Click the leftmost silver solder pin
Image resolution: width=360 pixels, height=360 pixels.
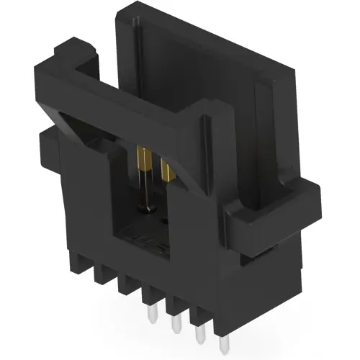[153, 315]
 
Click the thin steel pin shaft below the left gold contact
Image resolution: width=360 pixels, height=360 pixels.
[146, 190]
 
